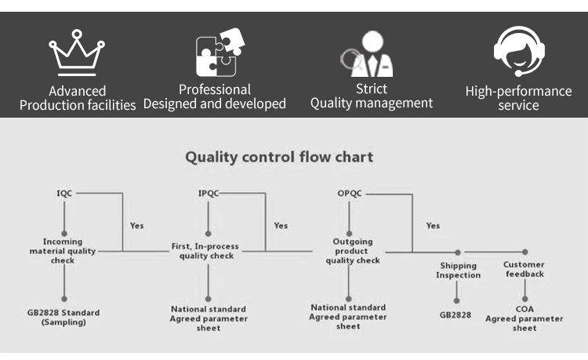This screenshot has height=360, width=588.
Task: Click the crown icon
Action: pyautogui.click(x=77, y=53)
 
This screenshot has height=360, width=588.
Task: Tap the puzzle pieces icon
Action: pyautogui.click(x=220, y=52)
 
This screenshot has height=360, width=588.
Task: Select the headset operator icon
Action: pyautogui.click(x=519, y=51)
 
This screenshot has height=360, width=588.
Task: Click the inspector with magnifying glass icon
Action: pyautogui.click(x=367, y=53)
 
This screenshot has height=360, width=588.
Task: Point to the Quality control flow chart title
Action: pyautogui.click(x=279, y=157)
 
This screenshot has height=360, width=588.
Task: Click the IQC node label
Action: pyautogui.click(x=64, y=193)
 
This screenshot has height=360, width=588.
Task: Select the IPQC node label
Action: pyautogui.click(x=208, y=193)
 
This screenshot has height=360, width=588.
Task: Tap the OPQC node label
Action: pyautogui.click(x=350, y=193)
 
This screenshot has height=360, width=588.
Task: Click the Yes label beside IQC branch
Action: pyautogui.click(x=137, y=225)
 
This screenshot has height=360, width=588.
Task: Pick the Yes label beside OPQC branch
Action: pyautogui.click(x=433, y=225)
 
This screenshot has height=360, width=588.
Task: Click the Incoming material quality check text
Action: pyautogui.click(x=63, y=251)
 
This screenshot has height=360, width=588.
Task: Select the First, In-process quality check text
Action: pyautogui.click(x=205, y=251)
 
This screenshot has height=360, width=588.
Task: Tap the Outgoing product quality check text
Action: pyautogui.click(x=353, y=251)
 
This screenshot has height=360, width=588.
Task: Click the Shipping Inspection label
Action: pyautogui.click(x=458, y=271)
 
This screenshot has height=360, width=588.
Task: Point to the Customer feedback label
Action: pyautogui.click(x=524, y=269)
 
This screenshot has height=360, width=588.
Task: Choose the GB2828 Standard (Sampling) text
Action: pyautogui.click(x=64, y=317)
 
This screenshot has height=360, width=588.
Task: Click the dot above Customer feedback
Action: pyautogui.click(x=525, y=252)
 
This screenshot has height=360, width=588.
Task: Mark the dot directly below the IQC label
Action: pyautogui.click(x=64, y=233)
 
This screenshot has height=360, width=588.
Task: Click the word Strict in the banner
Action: pyautogui.click(x=372, y=89)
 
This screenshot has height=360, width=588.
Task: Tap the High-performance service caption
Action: pyautogui.click(x=519, y=98)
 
